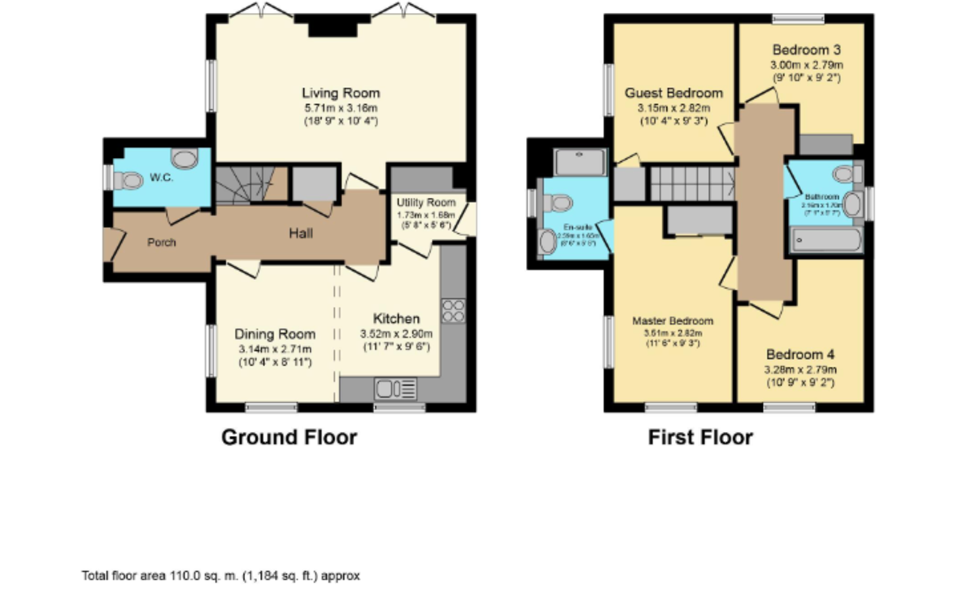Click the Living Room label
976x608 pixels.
341,93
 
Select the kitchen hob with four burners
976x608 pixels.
452,311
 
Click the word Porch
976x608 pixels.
161,242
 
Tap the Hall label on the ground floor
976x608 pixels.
301,234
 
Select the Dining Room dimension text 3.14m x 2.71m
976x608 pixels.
275,349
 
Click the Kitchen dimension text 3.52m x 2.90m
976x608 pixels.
396,334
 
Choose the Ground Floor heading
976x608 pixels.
289,437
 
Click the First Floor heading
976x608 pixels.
699,437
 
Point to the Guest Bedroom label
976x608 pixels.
673,93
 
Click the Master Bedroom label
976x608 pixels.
672,321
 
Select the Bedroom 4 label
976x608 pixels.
800,355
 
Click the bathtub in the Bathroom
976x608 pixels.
826,240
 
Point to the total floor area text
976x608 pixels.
220,575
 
